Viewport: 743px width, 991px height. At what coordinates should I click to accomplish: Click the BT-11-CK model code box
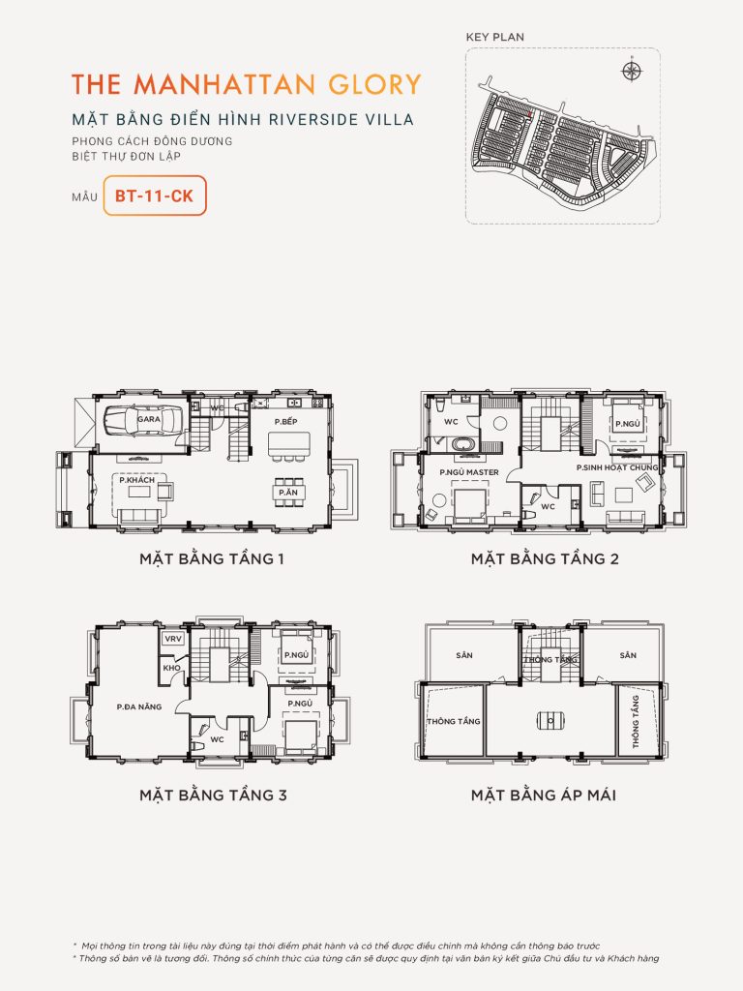click(x=154, y=195)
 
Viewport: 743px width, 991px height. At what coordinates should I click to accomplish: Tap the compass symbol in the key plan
click(x=632, y=71)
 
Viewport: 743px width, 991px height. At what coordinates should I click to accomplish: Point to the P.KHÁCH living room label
click(x=138, y=479)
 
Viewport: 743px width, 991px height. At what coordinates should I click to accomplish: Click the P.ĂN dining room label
click(x=288, y=493)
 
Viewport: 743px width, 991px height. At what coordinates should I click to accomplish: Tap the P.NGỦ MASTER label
click(x=469, y=472)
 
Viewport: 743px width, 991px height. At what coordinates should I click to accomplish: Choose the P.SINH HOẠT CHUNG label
click(x=616, y=467)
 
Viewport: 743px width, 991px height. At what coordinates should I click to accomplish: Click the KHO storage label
click(x=172, y=668)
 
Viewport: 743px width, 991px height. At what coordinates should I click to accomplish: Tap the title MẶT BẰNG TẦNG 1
click(x=211, y=558)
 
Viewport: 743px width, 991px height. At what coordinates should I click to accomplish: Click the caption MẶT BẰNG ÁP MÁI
click(x=544, y=796)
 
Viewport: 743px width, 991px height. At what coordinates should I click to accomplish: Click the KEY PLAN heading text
click(x=494, y=37)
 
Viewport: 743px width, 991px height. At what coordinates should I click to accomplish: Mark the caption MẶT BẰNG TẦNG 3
click(x=213, y=796)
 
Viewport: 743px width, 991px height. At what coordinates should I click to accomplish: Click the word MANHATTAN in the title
click(x=218, y=83)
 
